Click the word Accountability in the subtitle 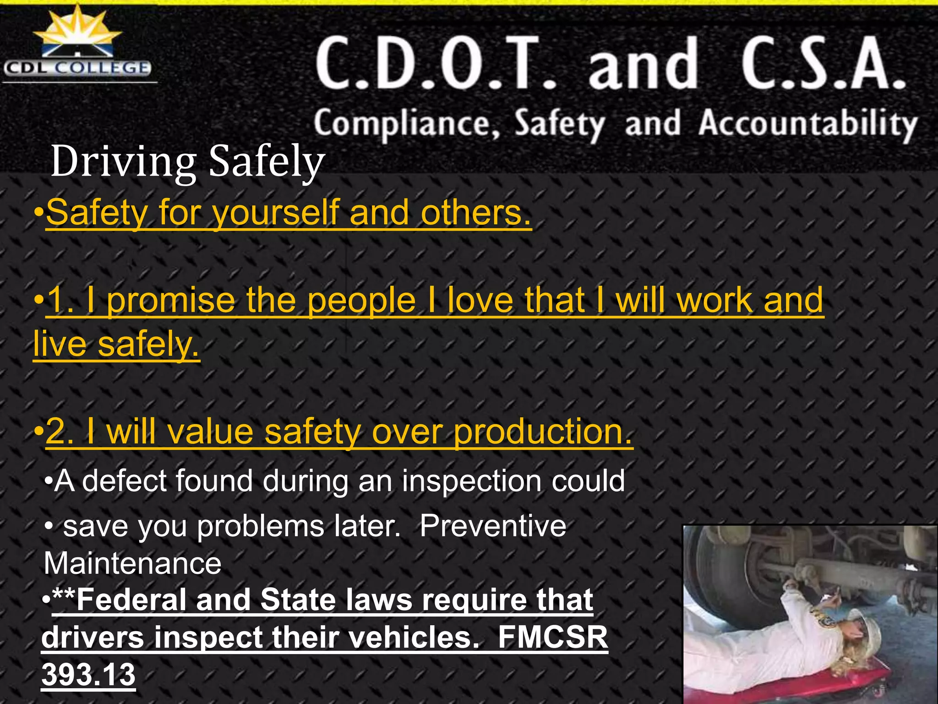pyautogui.click(x=808, y=124)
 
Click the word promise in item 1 pyautogui.click(x=170, y=300)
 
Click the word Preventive pyautogui.click(x=493, y=526)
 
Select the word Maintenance pyautogui.click(x=132, y=563)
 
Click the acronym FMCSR pyautogui.click(x=552, y=637)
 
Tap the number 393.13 pyautogui.click(x=88, y=674)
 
